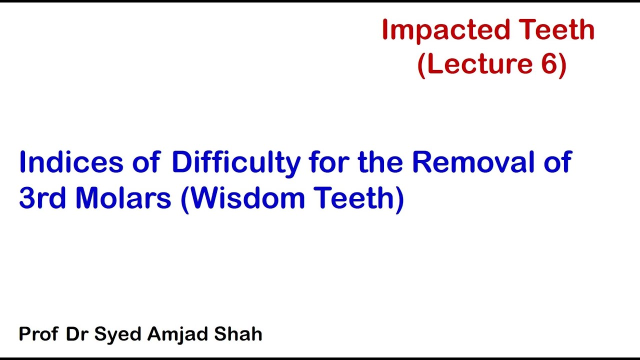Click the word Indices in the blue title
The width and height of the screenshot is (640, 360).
[71, 162]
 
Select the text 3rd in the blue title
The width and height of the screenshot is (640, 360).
[42, 198]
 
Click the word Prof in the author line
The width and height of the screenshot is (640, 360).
[38, 334]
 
